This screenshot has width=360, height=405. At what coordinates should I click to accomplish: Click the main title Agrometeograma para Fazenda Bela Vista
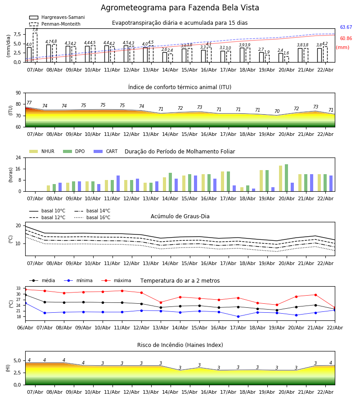(180, 8)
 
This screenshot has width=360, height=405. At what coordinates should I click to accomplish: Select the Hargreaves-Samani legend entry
(57, 18)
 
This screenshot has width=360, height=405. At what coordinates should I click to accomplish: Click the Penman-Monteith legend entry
(57, 24)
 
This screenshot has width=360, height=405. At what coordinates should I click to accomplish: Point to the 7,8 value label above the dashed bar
(35, 30)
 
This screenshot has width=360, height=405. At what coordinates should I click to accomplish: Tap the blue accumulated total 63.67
(346, 27)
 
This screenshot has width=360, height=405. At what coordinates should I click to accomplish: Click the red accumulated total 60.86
(346, 39)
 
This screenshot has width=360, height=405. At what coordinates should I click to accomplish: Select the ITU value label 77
(29, 103)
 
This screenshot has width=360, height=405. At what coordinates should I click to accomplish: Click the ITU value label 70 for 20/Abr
(277, 112)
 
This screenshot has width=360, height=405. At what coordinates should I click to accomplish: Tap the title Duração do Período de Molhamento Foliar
(180, 152)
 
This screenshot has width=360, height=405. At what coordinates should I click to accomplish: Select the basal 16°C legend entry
(92, 218)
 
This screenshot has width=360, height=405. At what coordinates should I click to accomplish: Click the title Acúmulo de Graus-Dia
(180, 216)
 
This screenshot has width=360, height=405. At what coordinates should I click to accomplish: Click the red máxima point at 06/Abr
(25, 289)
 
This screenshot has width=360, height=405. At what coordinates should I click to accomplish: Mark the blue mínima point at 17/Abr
(238, 316)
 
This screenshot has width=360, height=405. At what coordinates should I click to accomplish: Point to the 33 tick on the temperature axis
(18, 288)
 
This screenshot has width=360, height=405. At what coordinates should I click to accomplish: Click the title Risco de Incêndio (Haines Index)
(180, 345)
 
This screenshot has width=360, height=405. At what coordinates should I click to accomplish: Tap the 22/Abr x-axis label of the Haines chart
(325, 392)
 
